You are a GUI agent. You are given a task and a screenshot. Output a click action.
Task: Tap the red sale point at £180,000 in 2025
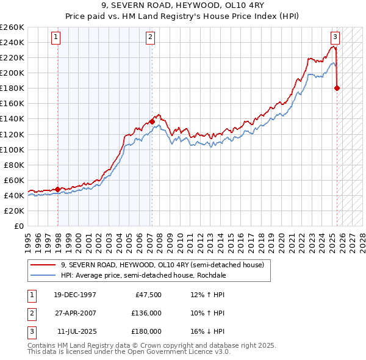tap(337, 88)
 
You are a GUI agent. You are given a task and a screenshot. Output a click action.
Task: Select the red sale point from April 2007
tap(152, 121)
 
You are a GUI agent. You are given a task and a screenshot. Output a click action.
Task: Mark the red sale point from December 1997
tap(58, 189)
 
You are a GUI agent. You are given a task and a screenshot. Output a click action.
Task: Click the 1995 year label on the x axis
tap(28, 240)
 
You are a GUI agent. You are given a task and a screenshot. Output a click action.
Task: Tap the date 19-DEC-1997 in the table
tap(76, 295)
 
